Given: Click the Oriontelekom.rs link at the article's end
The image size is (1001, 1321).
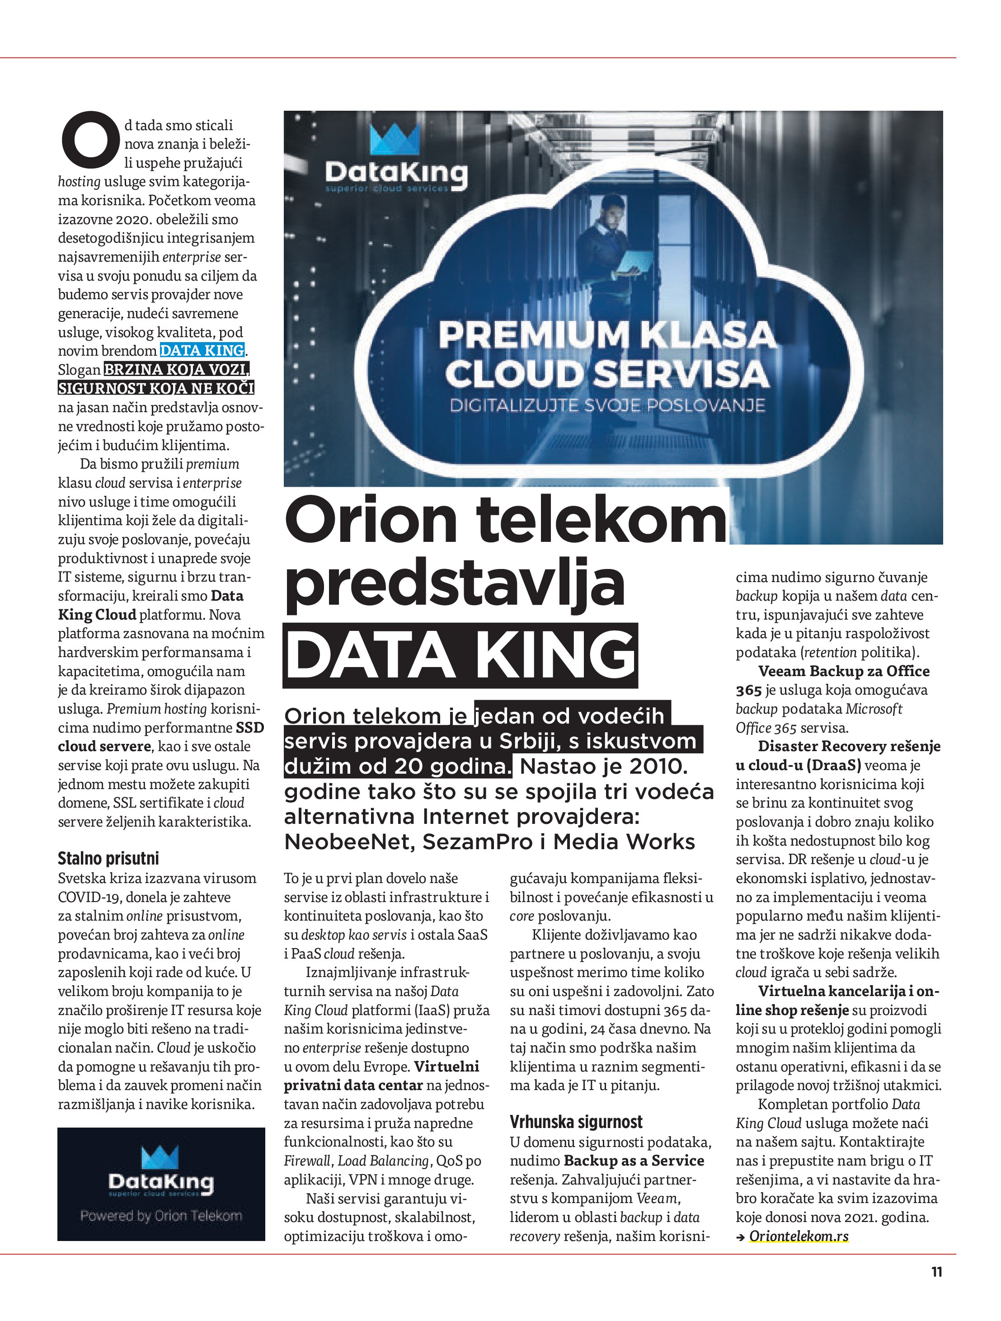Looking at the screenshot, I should [798, 1236].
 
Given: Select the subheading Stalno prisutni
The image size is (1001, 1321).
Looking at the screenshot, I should [108, 858].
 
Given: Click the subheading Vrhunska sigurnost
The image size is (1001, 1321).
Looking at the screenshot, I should [576, 1122].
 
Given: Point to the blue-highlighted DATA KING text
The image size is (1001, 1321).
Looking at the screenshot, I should [202, 351].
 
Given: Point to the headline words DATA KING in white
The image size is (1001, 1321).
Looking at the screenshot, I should [461, 655].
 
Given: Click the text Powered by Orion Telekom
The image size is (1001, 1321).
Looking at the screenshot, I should [161, 1215].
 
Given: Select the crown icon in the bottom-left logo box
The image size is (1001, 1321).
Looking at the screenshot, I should [160, 1157].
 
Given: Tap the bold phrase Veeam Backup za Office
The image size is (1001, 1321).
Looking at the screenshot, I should [843, 671].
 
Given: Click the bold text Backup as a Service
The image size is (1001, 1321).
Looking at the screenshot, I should [634, 1161].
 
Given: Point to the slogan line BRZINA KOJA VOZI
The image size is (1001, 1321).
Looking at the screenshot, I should [176, 369].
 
